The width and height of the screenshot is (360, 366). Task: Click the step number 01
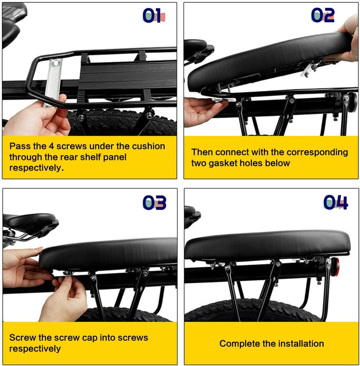[154, 16]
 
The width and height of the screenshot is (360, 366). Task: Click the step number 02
[323, 15]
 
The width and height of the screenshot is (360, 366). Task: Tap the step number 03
[154, 202]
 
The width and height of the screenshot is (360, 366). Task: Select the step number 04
[336, 202]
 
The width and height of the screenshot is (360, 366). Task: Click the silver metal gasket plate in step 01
[53, 82]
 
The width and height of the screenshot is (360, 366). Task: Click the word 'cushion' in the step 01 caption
[148, 146]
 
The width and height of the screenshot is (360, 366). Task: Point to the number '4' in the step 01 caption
[51, 146]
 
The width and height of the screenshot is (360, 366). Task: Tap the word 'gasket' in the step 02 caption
[223, 163]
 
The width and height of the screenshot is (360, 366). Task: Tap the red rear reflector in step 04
[335, 265]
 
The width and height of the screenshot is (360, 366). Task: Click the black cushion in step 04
[267, 245]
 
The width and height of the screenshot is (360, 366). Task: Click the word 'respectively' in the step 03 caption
[35, 349]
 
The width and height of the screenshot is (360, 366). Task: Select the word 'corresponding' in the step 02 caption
[317, 152]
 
